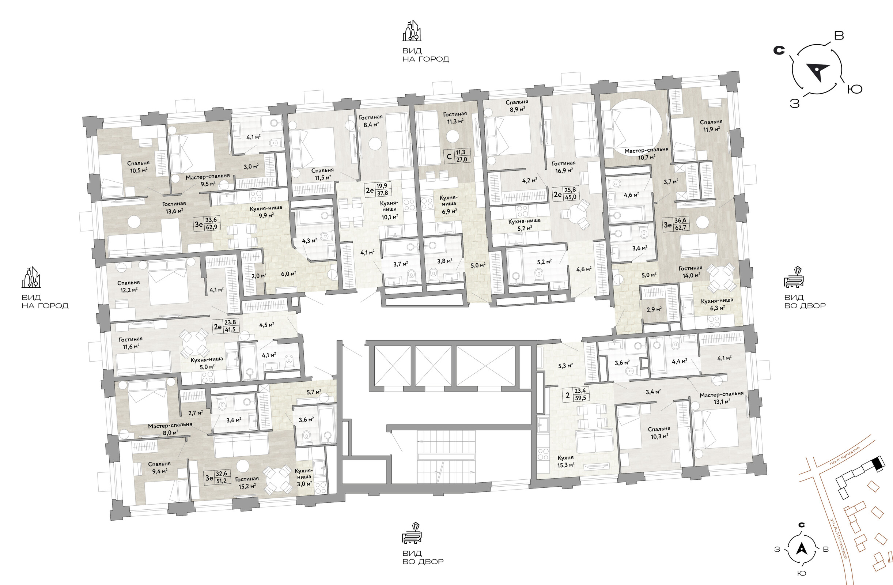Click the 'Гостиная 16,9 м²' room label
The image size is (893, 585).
[x=564, y=167]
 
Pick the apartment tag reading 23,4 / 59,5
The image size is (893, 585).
[x=576, y=395]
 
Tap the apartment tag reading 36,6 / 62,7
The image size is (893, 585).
[x=674, y=224]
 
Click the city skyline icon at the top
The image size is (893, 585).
[x=412, y=31]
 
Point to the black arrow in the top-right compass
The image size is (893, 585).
[x=818, y=71]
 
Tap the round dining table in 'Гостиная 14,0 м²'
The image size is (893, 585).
[x=721, y=278]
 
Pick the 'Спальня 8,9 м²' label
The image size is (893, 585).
[x=516, y=105]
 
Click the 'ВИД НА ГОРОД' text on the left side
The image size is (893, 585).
[x=45, y=301]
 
